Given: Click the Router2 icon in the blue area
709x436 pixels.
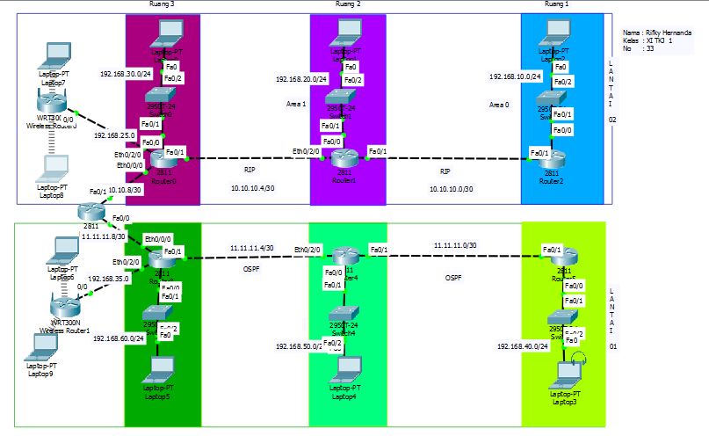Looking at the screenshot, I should (551, 156).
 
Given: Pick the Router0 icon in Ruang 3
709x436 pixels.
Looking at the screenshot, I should (163, 159).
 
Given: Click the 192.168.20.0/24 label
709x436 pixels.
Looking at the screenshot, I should (301, 79).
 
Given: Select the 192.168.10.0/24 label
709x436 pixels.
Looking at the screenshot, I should (514, 76).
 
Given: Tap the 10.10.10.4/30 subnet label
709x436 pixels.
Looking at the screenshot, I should (253, 188).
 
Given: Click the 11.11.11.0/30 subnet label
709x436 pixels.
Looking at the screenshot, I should (454, 245).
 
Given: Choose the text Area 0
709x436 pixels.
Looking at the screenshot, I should (498, 105).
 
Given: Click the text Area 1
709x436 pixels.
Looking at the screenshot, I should (297, 104).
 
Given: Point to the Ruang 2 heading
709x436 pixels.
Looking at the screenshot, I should (348, 4).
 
